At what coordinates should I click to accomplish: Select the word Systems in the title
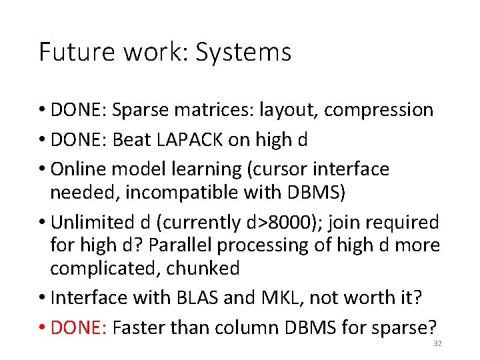tap(243, 53)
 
